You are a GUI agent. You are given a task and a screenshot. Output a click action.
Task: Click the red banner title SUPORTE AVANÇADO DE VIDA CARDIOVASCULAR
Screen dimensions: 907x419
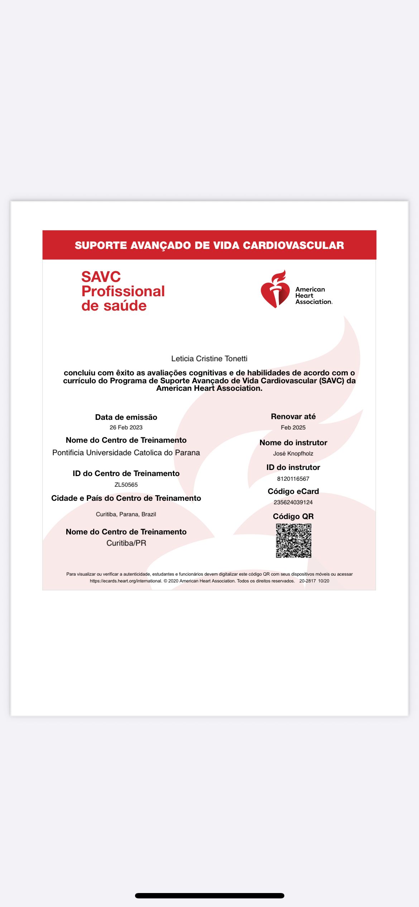(209, 245)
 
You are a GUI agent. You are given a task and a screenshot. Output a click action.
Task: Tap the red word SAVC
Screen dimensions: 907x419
(101, 277)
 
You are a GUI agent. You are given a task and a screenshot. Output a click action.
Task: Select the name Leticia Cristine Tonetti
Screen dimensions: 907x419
(209, 359)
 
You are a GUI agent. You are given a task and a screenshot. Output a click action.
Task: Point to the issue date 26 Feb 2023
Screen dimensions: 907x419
(126, 427)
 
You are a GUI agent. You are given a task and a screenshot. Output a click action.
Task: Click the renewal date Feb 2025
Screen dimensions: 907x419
(293, 427)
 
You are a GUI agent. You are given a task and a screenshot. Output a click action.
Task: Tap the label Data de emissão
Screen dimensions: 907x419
(126, 417)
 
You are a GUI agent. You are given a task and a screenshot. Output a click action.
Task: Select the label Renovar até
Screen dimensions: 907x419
(293, 416)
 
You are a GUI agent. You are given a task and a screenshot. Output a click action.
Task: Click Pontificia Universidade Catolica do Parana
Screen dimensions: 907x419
(126, 452)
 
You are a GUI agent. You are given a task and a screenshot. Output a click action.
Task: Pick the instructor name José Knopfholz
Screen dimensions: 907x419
(293, 453)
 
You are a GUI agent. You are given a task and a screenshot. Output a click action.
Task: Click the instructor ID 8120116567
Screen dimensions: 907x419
(293, 479)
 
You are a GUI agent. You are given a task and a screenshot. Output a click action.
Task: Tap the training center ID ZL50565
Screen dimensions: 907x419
(126, 485)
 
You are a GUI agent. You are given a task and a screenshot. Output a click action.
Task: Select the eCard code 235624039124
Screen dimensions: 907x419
(293, 502)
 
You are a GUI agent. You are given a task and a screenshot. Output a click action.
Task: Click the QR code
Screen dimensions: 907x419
(293, 541)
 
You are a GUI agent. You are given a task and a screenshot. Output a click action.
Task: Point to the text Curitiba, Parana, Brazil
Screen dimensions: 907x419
(126, 514)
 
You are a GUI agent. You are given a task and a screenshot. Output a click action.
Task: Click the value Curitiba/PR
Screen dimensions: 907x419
(126, 543)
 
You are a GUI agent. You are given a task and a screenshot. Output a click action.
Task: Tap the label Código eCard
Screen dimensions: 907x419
(293, 491)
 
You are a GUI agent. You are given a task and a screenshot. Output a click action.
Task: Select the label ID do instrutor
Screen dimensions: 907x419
(293, 467)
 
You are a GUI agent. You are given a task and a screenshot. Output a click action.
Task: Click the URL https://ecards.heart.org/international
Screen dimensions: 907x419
(126, 581)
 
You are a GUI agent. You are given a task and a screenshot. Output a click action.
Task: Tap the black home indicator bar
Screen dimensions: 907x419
(209, 896)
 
